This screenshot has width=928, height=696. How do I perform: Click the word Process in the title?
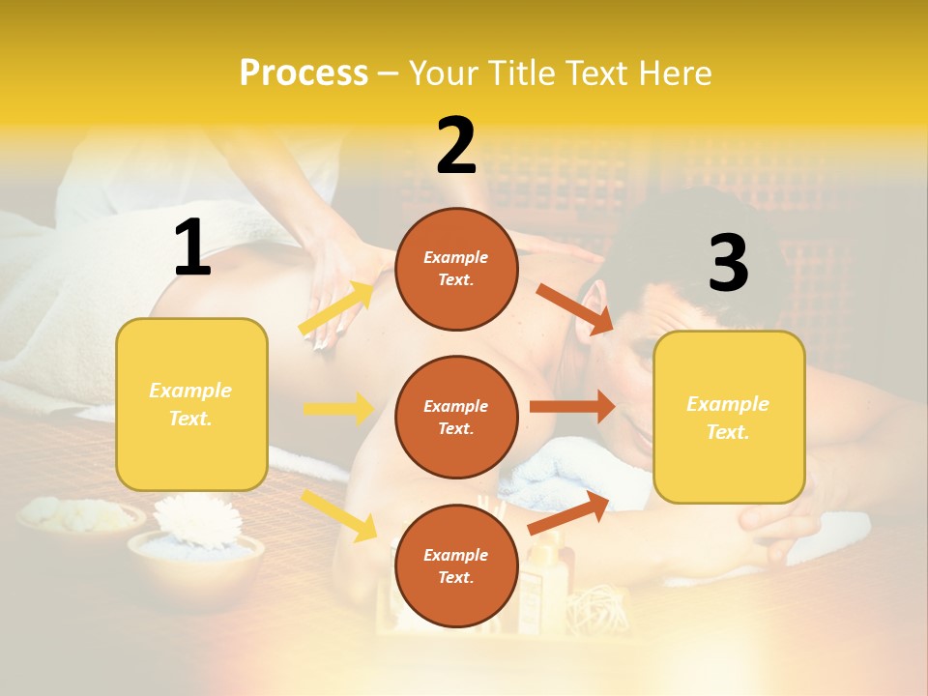point(304,72)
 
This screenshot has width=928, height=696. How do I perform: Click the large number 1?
point(192,247)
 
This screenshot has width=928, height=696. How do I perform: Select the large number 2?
point(456,145)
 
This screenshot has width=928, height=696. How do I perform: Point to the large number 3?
point(728,263)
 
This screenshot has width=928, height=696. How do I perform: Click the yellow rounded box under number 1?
point(191,404)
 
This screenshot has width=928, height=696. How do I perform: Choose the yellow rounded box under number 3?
point(729,417)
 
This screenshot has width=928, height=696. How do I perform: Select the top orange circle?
point(456,269)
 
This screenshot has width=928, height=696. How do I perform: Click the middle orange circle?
point(456,417)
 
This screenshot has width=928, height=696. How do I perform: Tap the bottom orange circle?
point(456,565)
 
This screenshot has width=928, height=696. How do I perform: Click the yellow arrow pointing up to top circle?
point(336,308)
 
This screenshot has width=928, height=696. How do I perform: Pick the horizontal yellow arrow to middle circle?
point(338,409)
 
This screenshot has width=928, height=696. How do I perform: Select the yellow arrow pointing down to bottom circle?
point(339,514)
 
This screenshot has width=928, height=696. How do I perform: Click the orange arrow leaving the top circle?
point(574,309)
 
